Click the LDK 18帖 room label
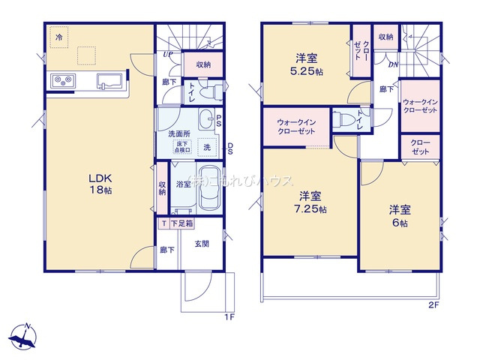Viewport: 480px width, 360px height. [101, 184]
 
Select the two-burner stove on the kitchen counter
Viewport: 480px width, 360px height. [62, 80]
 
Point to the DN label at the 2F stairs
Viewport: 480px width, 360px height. [392, 64]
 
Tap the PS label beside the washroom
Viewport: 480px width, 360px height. [218, 120]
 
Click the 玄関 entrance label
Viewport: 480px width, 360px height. [202, 242]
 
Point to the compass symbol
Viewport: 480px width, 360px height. [25, 336]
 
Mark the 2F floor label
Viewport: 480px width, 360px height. [433, 304]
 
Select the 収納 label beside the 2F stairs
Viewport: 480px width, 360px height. [386, 37]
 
